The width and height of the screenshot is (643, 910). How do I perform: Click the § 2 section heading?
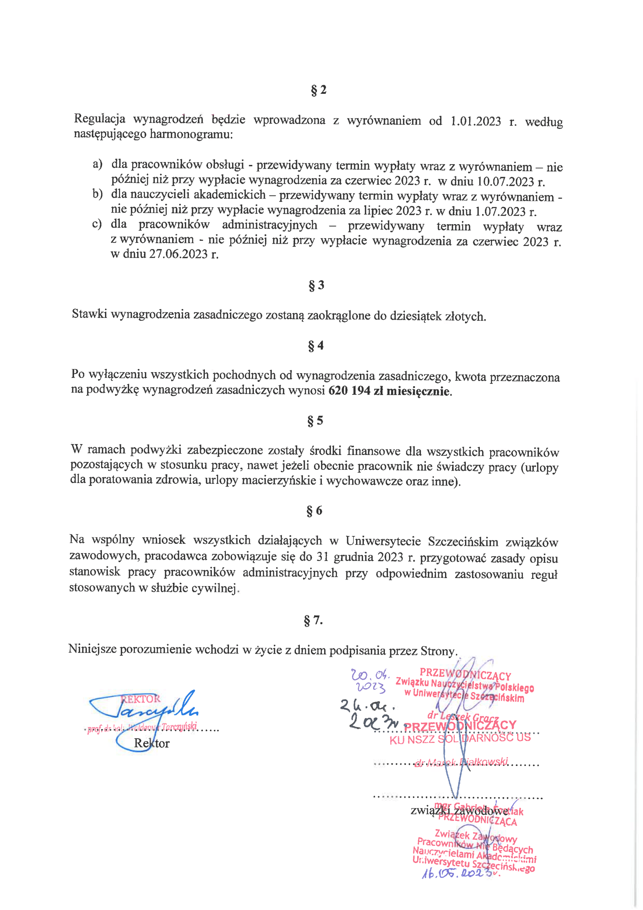(318, 90)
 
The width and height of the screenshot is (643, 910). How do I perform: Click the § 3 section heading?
(316, 285)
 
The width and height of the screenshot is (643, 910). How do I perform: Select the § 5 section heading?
(315, 420)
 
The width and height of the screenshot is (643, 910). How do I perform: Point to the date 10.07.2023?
(506, 182)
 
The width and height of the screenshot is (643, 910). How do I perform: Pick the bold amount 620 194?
(349, 391)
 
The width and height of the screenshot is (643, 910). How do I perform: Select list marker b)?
(98, 194)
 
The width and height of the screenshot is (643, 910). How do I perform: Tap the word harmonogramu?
(191, 134)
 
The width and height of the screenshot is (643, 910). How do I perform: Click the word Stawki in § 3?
(89, 314)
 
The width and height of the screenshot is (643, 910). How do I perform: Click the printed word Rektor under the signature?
(152, 743)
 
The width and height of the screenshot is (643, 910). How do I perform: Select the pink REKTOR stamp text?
(141, 699)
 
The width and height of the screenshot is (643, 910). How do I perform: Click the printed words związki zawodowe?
(459, 810)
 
